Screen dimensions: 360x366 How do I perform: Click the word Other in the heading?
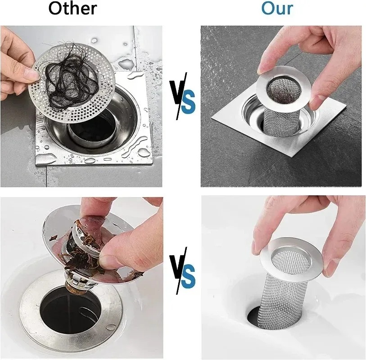point(72,9)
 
